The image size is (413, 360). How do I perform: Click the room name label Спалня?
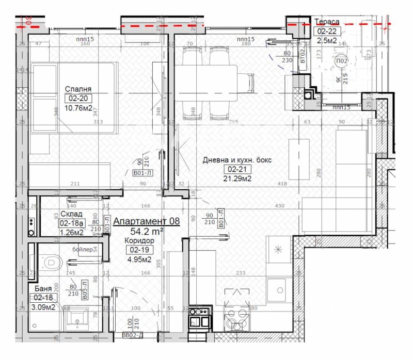75,88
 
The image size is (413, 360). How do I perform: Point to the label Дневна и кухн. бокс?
236,160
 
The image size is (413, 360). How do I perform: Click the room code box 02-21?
235,169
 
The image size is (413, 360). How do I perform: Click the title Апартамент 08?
147,221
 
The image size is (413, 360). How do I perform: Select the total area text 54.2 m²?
147,232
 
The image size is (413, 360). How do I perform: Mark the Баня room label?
43,289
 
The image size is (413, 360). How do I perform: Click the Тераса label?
327,21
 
